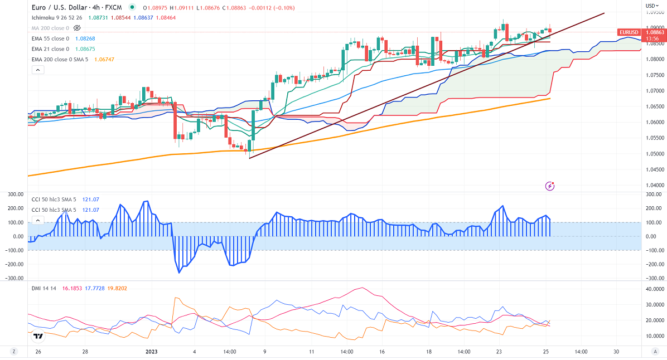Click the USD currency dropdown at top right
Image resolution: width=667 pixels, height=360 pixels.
[650, 6]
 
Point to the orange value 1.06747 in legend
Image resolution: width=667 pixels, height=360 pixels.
[104, 60]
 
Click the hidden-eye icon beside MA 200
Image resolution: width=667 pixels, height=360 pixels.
[78, 27]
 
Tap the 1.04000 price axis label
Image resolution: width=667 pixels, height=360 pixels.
[655, 186]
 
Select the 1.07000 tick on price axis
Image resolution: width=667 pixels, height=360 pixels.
[655, 91]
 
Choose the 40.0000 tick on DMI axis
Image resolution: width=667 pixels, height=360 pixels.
[654, 289]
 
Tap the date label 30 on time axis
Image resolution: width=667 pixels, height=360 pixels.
[616, 352]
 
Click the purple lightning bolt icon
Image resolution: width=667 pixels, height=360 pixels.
[550, 186]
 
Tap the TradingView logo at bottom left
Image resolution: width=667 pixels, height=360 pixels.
[38, 335]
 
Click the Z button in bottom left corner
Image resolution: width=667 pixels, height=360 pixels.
[14, 352]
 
